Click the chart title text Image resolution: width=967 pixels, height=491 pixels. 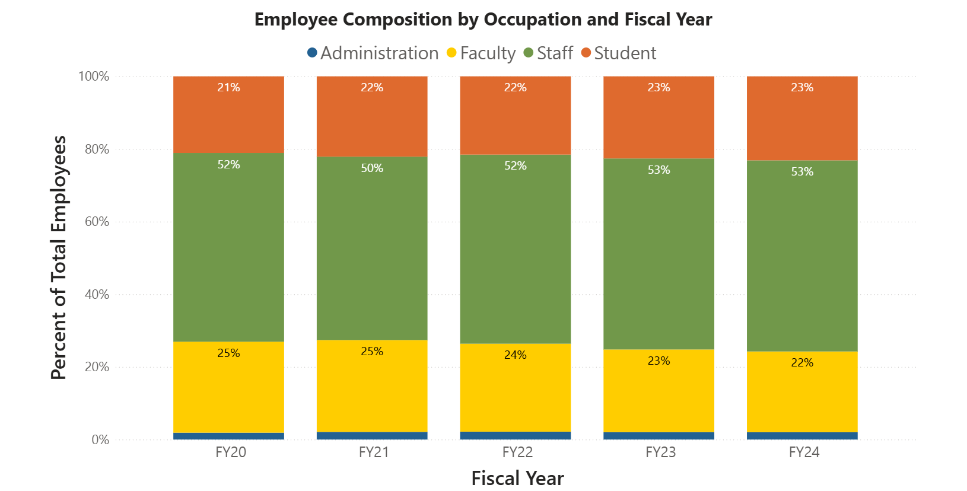(x=483, y=20)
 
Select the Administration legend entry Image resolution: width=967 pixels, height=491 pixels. (x=373, y=53)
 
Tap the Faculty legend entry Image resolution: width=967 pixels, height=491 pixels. (x=481, y=53)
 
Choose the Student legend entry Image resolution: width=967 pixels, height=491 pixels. (x=618, y=53)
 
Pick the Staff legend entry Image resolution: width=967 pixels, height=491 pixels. (x=548, y=53)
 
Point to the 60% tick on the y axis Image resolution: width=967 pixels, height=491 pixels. (x=97, y=222)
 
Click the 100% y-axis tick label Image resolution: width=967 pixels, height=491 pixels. (x=94, y=76)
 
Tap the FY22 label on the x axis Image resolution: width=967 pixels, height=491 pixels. (x=517, y=452)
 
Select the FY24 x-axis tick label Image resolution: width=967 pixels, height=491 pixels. (x=804, y=452)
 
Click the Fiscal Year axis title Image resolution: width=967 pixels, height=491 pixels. (x=517, y=478)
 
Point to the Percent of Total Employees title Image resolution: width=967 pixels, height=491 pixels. (x=59, y=258)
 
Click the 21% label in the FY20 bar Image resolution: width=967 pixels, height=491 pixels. (x=228, y=88)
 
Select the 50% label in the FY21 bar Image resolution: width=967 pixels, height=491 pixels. (x=372, y=168)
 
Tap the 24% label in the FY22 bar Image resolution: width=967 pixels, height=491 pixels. (x=515, y=355)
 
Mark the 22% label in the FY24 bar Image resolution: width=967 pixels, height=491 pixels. (x=802, y=363)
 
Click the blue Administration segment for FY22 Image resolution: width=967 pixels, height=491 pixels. (x=515, y=436)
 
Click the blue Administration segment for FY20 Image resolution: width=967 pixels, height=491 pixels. (x=228, y=436)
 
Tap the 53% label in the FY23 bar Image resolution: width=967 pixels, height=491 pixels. (x=659, y=170)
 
